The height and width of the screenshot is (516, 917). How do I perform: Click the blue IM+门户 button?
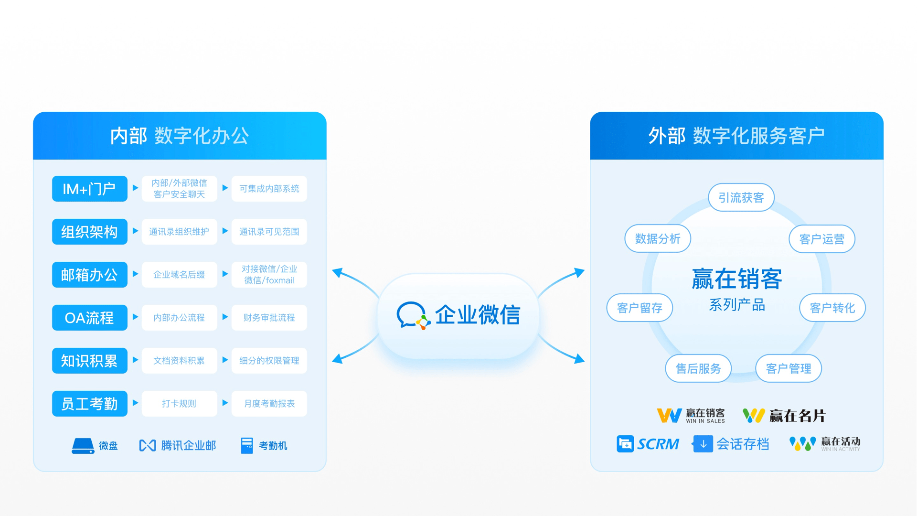89,189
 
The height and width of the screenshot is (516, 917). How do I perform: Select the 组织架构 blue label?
89,232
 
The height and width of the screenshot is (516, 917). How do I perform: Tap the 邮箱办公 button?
89,275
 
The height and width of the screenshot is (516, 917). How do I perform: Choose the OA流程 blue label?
89,318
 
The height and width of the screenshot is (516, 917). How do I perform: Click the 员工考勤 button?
89,404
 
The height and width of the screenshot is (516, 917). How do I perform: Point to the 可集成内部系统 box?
269,189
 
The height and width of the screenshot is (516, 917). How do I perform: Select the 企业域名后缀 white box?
179,275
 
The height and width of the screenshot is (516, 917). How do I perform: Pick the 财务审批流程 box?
269,318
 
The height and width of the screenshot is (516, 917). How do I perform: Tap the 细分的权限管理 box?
269,361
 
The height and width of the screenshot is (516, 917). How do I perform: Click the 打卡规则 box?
179,404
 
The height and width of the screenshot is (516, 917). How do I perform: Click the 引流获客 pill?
741,197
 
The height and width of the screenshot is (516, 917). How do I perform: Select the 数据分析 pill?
657,238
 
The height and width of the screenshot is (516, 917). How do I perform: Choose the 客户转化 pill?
832,308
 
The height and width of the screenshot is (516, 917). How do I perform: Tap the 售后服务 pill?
698,368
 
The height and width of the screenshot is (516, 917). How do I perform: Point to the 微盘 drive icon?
83,446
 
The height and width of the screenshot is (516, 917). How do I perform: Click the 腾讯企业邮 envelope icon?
147,446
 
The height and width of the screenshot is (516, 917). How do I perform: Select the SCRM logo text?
658,444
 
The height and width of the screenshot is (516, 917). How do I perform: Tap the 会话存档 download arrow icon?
703,444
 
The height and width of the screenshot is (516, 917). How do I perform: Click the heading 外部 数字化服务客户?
736,136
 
